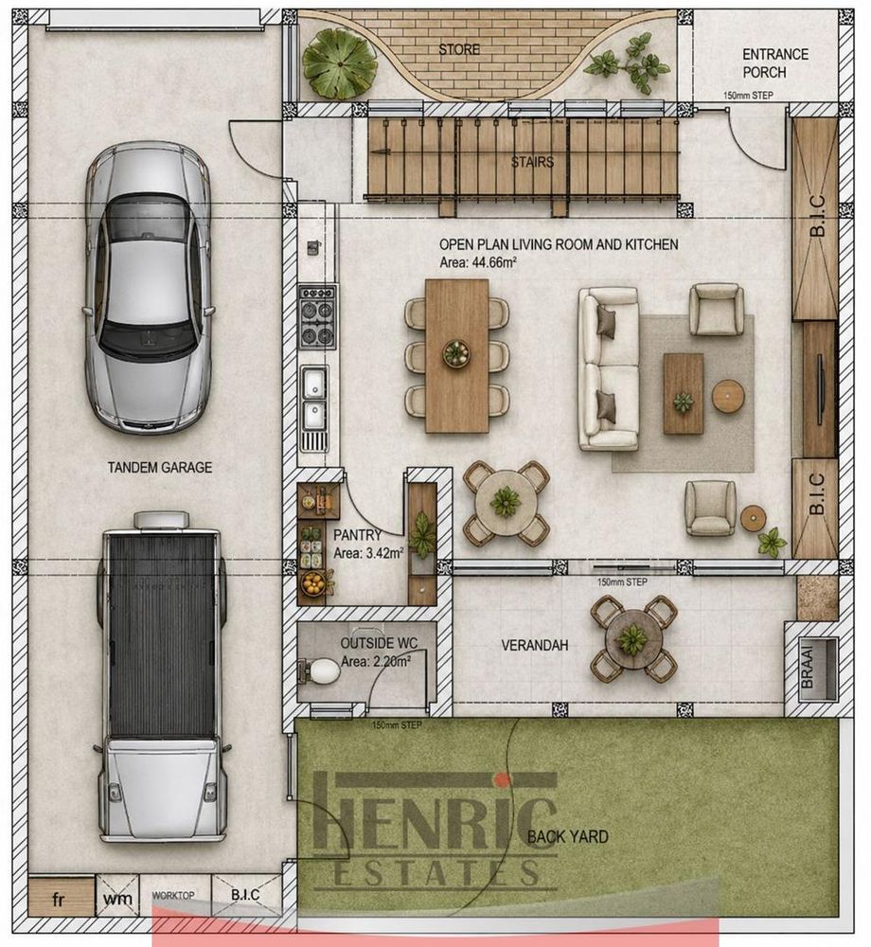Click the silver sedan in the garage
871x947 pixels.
pos(149,288)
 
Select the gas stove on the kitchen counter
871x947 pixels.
pos(317,317)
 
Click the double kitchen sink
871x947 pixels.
pos(314,400)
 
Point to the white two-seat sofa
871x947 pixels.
pos(609,369)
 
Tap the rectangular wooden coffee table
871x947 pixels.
pos(684,394)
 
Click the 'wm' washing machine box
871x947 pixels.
pos(117,898)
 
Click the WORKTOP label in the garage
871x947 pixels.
pos(172,895)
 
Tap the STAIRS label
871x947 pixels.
pos(532,162)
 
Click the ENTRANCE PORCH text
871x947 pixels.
pos(774,63)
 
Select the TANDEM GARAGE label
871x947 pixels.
pos(160,468)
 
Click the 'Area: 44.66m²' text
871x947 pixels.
pos(477,262)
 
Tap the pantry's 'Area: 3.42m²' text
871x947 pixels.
pos(368,553)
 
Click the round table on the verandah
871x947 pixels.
pos(633,638)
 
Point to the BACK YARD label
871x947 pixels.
pos(567,836)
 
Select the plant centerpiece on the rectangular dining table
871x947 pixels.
pos(457,352)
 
